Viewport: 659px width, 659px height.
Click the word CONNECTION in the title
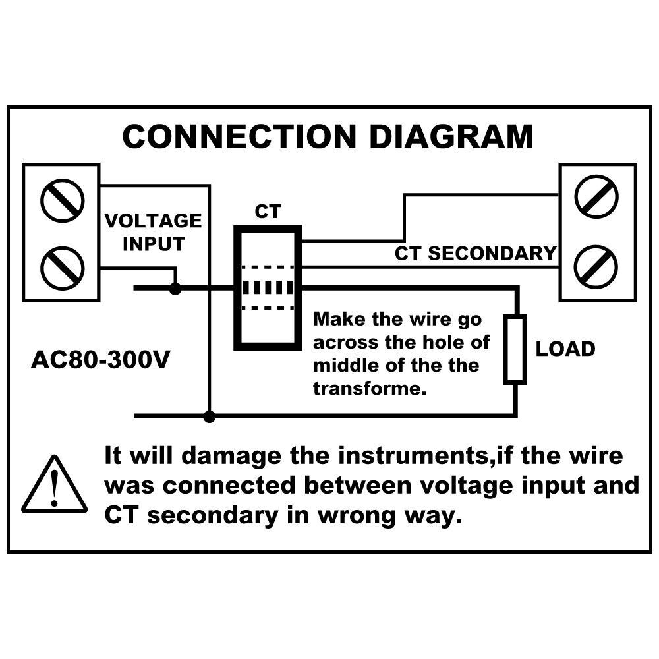(239, 136)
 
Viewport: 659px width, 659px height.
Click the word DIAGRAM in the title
(451, 136)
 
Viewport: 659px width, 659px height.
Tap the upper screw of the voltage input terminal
(62, 200)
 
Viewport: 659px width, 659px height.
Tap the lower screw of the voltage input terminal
(62, 268)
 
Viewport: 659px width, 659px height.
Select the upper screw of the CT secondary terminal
(596, 196)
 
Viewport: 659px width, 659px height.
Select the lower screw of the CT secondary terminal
(596, 267)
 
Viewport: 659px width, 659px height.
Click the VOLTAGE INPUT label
(154, 233)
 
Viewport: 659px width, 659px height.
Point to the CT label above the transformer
(268, 212)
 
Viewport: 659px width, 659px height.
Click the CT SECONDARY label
(475, 254)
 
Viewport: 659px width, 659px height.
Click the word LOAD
(565, 349)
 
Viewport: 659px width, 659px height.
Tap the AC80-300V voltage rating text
(100, 360)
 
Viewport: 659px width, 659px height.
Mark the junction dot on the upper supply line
(175, 289)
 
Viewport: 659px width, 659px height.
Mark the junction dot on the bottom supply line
(210, 416)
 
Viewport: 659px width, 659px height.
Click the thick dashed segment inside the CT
(268, 288)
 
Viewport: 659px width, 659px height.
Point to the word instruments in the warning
(412, 457)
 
